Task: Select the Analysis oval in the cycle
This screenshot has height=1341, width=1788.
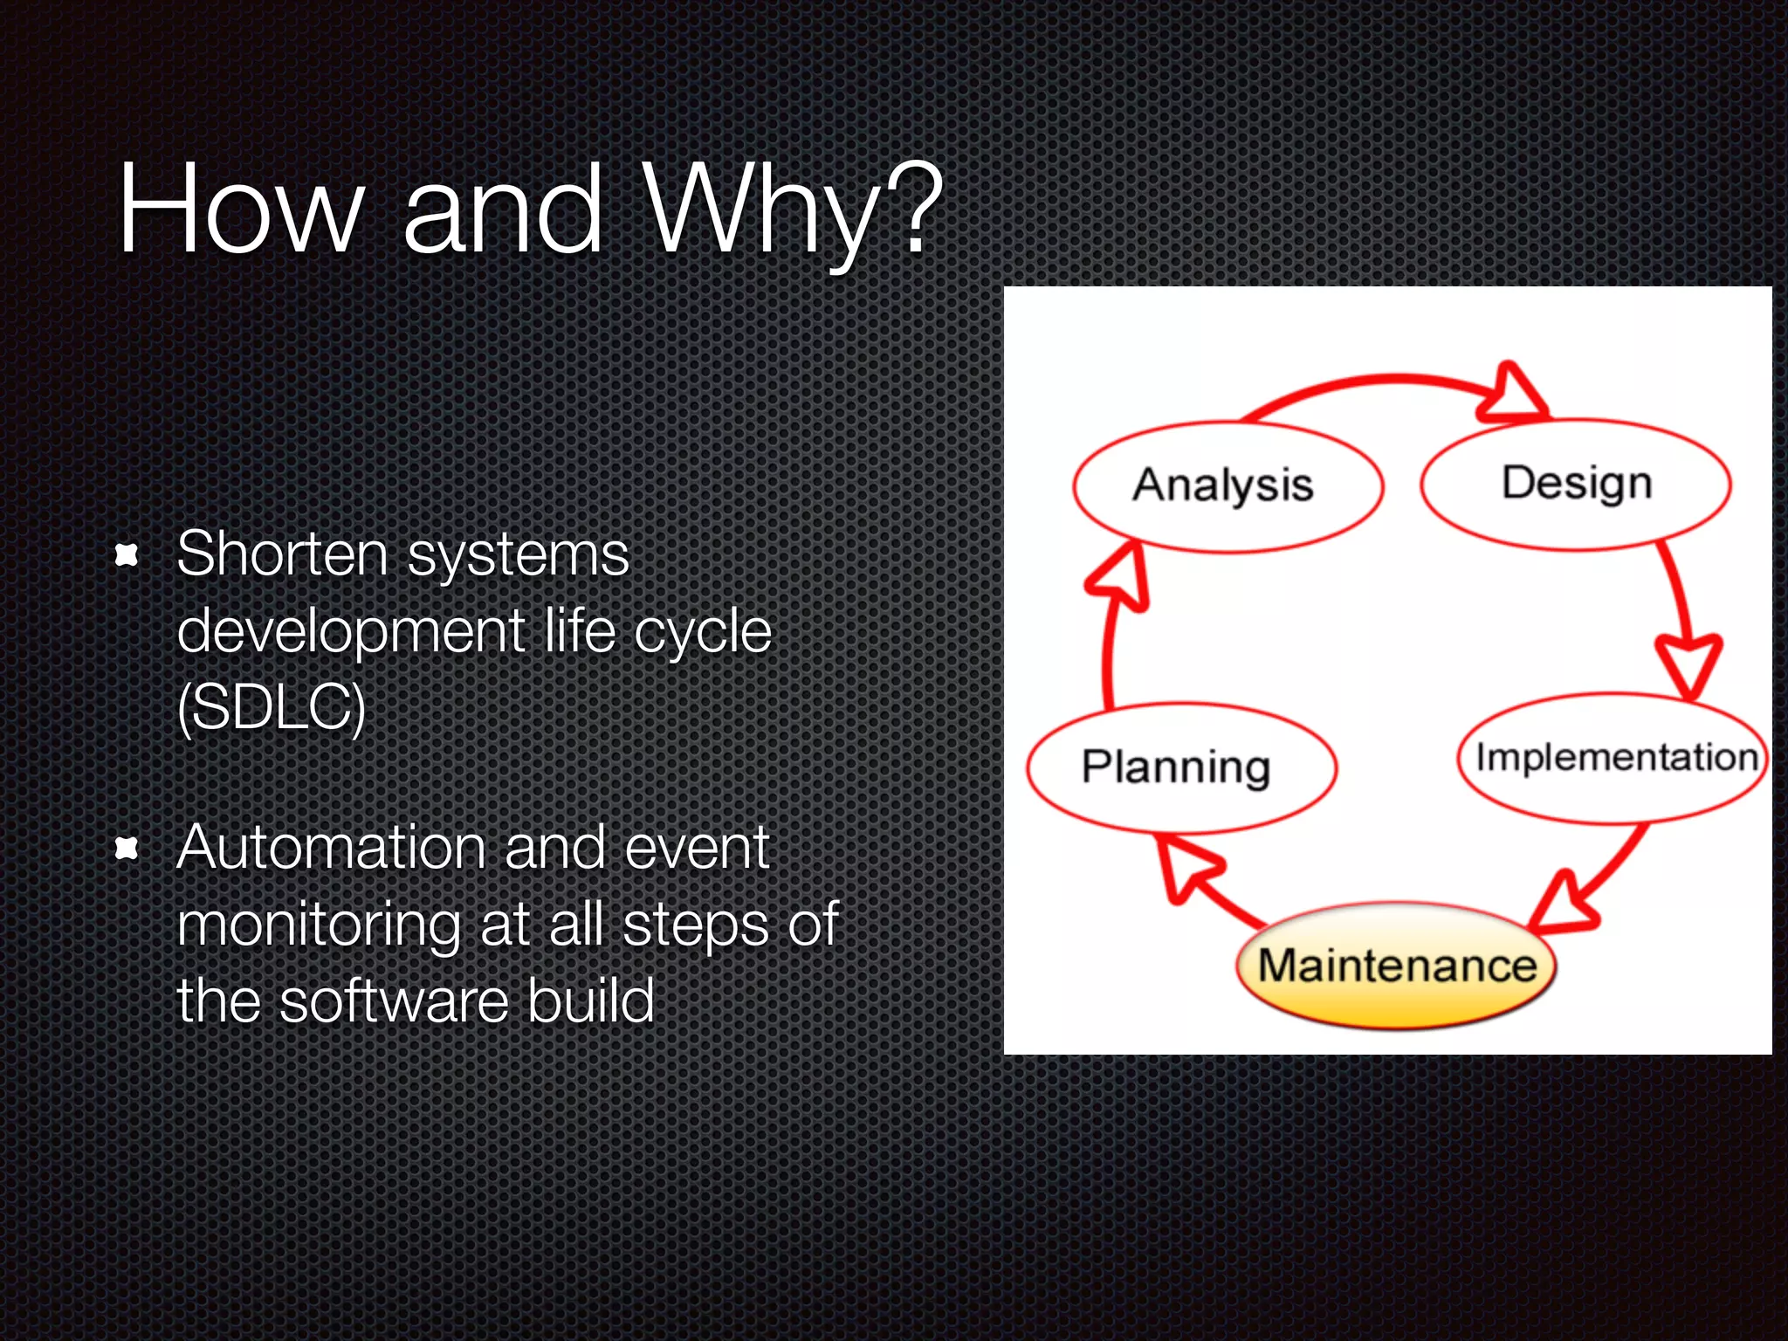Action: [x=1227, y=486]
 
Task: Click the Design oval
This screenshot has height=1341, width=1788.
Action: [x=1576, y=484]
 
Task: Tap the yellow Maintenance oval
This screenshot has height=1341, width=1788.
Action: [x=1397, y=966]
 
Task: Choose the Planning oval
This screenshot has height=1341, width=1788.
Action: [x=1179, y=767]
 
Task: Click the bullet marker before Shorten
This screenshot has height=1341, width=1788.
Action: [x=127, y=555]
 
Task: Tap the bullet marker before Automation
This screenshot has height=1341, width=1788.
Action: [x=127, y=848]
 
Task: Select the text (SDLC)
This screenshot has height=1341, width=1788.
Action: [x=271, y=707]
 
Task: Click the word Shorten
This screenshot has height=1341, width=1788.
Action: [x=282, y=554]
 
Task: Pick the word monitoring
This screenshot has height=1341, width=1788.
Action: [x=319, y=925]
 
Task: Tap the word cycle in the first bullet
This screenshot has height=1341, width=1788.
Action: [x=702, y=632]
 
